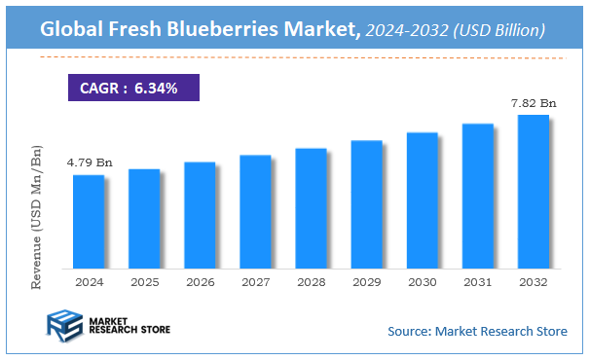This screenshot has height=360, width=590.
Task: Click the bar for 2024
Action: coord(89,221)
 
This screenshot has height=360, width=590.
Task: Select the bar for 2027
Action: coord(255,211)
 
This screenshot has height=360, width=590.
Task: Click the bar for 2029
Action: coord(366,203)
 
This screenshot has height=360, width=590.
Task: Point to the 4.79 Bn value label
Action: coord(89,162)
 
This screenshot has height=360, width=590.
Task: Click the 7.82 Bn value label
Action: coord(535,102)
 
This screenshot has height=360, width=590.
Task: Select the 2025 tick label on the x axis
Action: coord(144,281)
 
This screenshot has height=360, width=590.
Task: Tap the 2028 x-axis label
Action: coord(311,281)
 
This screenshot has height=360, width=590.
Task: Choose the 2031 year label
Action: coord(477,281)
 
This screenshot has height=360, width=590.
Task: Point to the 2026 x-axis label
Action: coord(200,281)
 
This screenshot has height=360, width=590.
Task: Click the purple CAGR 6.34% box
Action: coord(133,89)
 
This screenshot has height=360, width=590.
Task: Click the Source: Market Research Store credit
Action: coord(477,332)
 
